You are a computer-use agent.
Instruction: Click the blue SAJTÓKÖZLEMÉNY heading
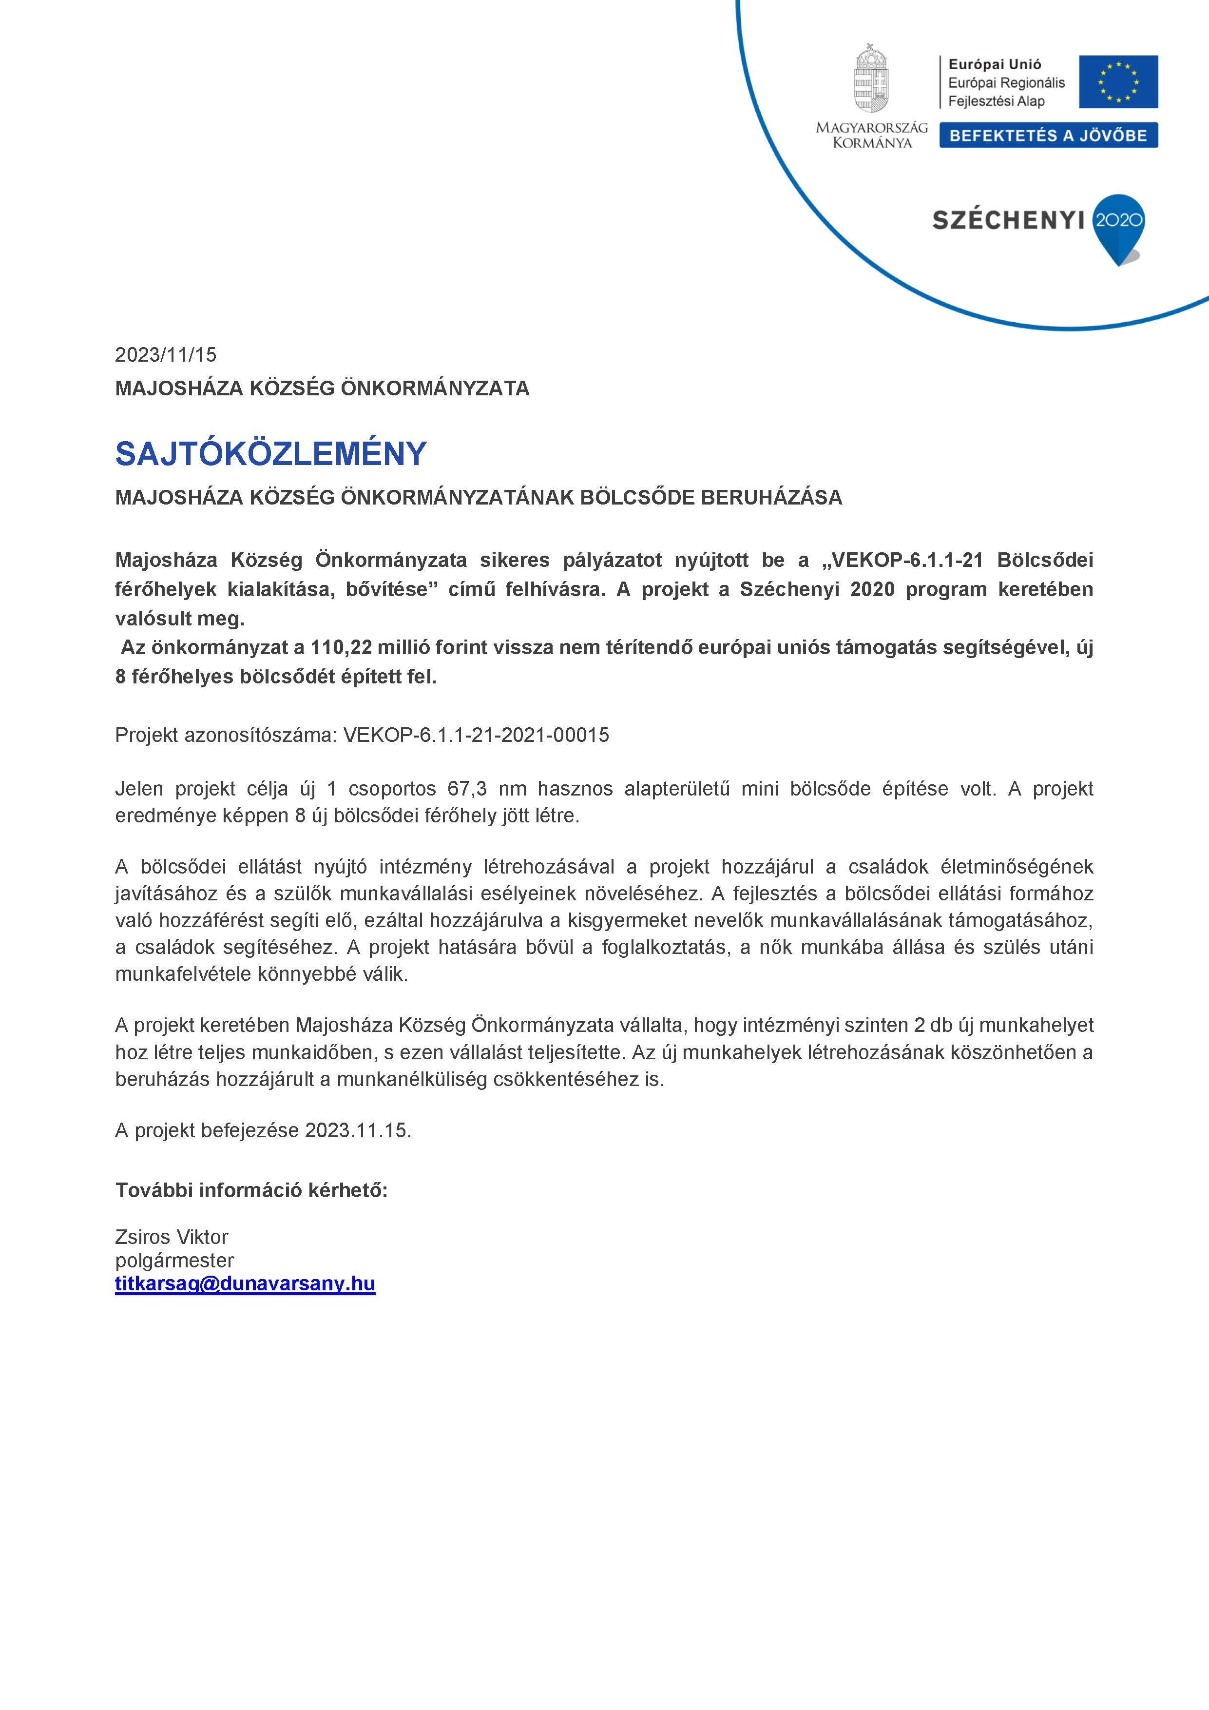click(270, 453)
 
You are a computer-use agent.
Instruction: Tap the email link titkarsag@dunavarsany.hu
click(245, 1283)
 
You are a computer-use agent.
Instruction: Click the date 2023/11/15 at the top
click(165, 354)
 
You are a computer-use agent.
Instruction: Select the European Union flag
click(1118, 81)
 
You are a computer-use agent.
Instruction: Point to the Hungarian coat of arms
click(871, 79)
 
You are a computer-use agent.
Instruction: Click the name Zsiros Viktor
click(171, 1237)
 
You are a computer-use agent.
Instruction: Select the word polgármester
click(174, 1260)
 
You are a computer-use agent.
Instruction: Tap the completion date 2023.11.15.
click(357, 1130)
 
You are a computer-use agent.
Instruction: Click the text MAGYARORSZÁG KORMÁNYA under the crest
click(872, 135)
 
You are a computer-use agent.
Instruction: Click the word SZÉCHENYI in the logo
click(1008, 220)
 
